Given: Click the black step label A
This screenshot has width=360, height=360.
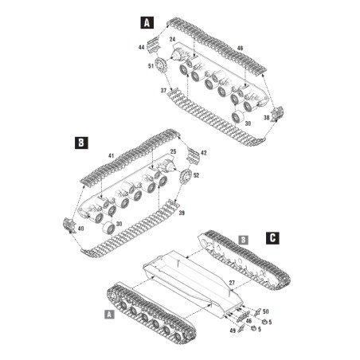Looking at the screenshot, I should [x=146, y=23].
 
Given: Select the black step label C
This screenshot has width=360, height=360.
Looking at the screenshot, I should [x=272, y=237].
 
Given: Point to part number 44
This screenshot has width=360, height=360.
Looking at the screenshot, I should [x=141, y=49].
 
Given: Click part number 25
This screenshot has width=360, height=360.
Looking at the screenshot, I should [x=174, y=151].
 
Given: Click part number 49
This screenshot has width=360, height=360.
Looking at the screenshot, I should [x=233, y=329].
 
